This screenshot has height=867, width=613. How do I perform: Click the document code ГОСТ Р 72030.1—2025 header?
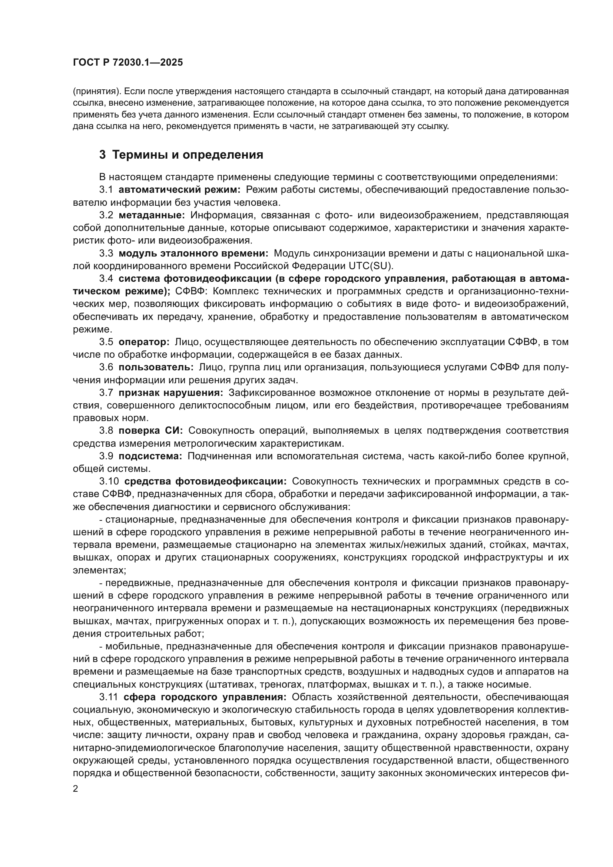click(x=127, y=63)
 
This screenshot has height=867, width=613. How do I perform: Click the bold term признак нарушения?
click(x=171, y=393)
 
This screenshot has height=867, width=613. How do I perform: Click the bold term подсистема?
click(x=150, y=456)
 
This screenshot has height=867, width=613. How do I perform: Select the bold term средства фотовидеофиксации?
click(x=205, y=482)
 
